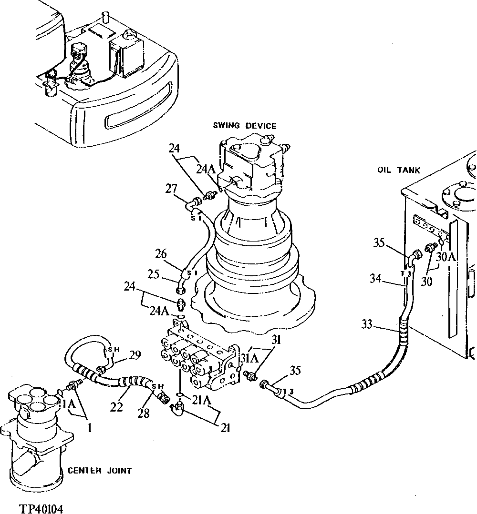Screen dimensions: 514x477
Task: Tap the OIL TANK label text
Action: pos(398,170)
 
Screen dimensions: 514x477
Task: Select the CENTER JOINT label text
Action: pos(100,471)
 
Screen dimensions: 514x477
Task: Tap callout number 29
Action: pos(135,354)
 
